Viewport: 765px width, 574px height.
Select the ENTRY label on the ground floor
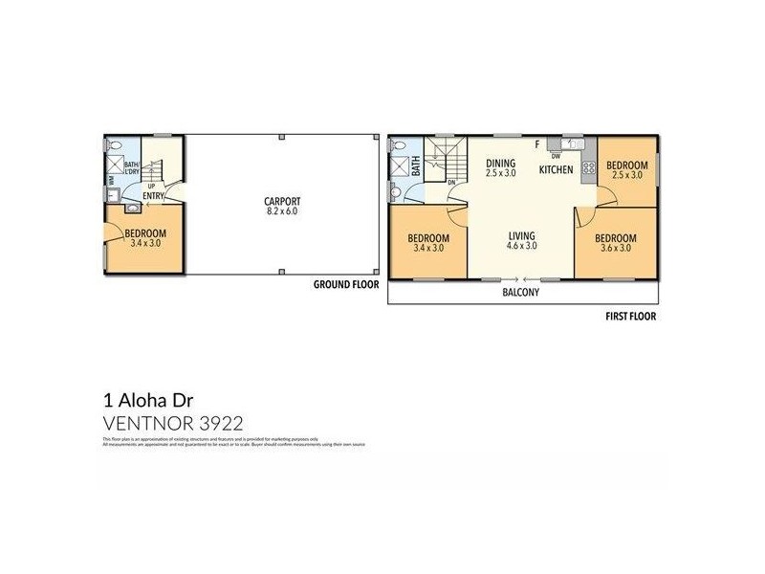click(x=153, y=197)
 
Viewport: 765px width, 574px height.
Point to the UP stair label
click(x=151, y=187)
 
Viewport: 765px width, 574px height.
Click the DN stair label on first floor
click(x=451, y=182)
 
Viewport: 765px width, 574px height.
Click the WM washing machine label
click(x=111, y=178)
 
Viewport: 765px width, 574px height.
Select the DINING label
click(x=500, y=163)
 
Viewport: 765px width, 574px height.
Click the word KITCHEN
click(x=556, y=169)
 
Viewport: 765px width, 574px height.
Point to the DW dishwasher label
click(x=556, y=156)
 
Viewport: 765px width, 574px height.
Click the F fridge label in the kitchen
click(x=537, y=144)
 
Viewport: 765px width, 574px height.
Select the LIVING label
click(x=521, y=235)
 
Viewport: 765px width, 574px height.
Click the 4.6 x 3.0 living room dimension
click(x=521, y=246)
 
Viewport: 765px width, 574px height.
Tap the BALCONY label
click(x=521, y=293)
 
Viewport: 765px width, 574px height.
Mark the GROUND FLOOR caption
click(x=346, y=285)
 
